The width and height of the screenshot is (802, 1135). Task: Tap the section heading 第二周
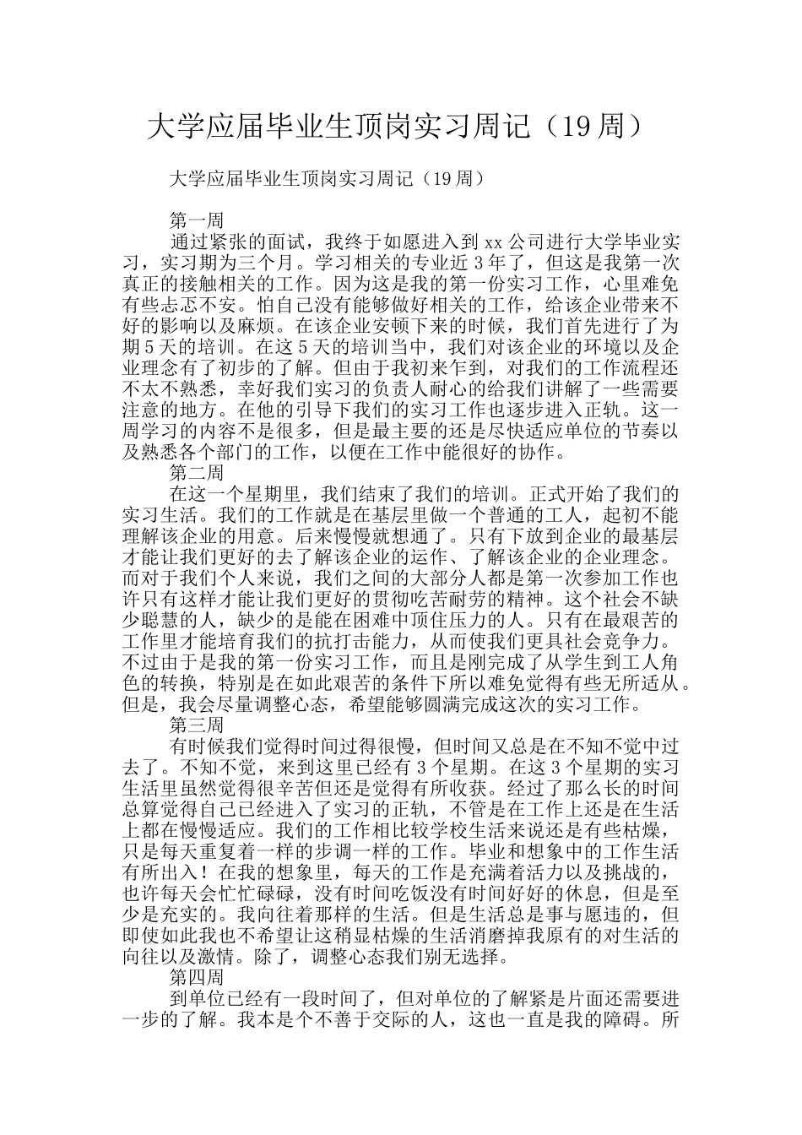point(197,472)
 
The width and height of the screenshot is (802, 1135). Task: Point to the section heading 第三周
point(197,725)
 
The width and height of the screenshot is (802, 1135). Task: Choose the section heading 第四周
point(197,977)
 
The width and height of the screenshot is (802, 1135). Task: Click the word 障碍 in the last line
point(622,1019)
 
